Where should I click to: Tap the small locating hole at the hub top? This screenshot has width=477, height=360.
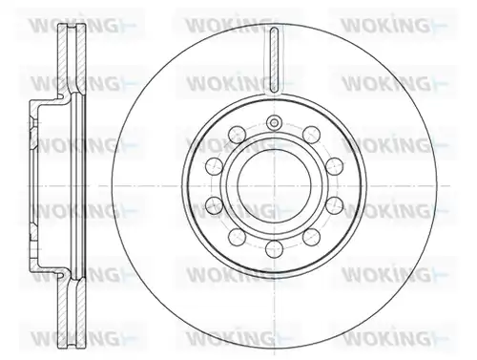pos(274,122)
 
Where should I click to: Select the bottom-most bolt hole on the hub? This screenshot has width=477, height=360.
pos(274,249)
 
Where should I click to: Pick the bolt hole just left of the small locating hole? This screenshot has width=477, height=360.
pos(238,135)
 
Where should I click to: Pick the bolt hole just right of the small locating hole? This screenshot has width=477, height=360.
pos(311,135)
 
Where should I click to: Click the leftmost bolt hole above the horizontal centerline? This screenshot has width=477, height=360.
pos(214,165)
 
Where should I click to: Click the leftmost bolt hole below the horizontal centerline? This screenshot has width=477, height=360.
pos(214,205)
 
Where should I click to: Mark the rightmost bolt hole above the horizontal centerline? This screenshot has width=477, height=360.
pos(335,165)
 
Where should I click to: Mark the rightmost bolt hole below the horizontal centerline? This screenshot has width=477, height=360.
pos(335,205)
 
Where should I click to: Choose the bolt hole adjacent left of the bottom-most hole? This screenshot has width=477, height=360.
pos(238,237)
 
